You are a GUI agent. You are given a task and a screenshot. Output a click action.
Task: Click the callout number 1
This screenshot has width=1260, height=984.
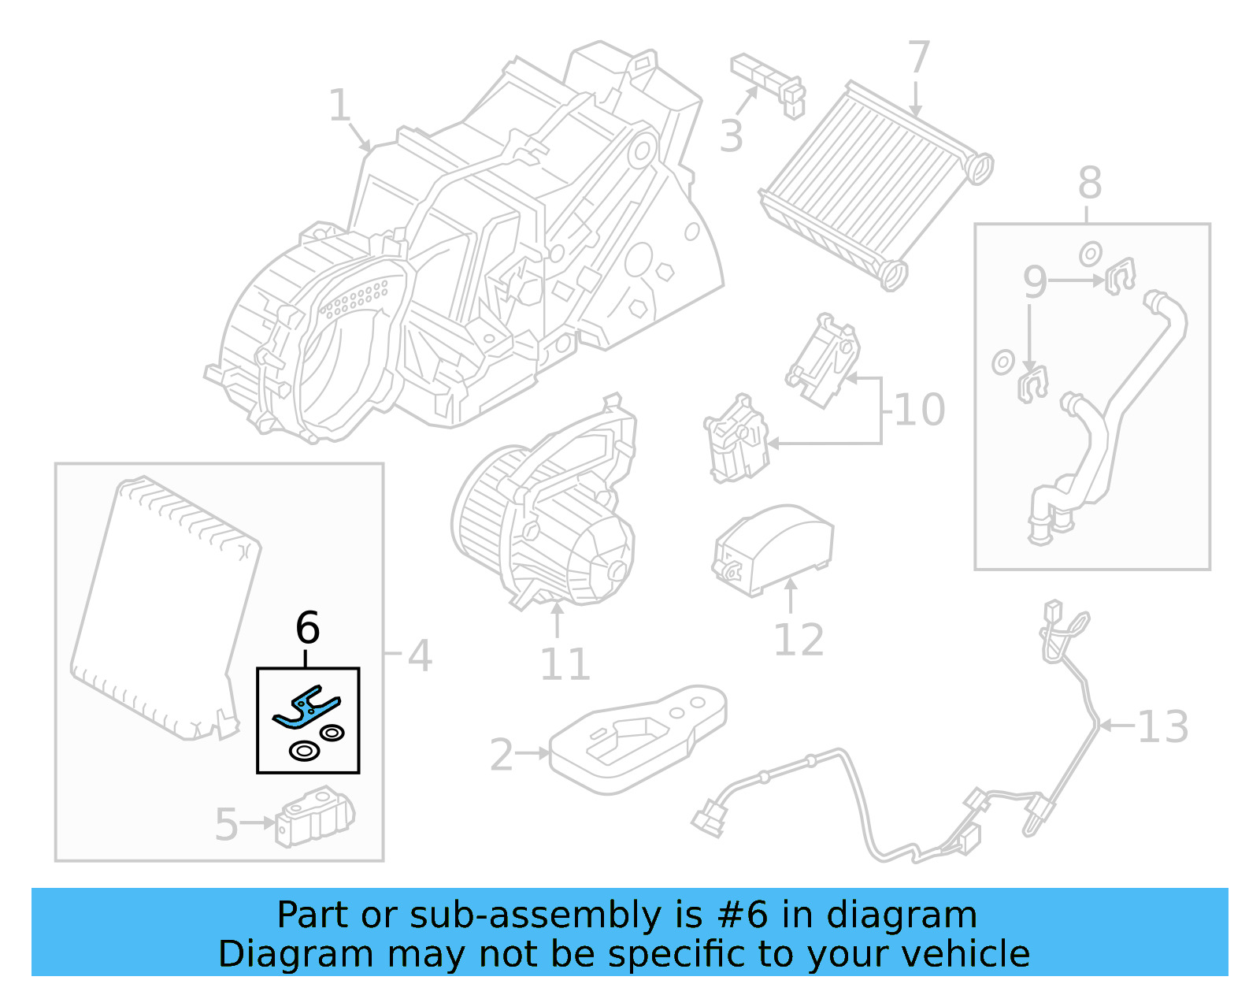339,106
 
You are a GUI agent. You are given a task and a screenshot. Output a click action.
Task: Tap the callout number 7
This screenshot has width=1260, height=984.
918,58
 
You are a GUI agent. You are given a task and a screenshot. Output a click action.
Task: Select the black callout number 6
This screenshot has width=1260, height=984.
307,628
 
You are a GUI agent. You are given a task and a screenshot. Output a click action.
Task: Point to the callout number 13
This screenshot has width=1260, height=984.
1162,726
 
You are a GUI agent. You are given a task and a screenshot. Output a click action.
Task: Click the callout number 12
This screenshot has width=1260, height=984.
799,639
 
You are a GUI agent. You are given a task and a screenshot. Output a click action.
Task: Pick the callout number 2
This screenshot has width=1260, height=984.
502,755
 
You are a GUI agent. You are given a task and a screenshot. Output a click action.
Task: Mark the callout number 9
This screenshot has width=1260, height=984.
1035,281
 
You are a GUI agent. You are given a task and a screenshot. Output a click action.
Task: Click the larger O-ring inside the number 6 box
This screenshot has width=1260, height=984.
303,751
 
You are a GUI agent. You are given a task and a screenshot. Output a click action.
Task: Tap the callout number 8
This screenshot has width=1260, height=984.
1089,183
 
